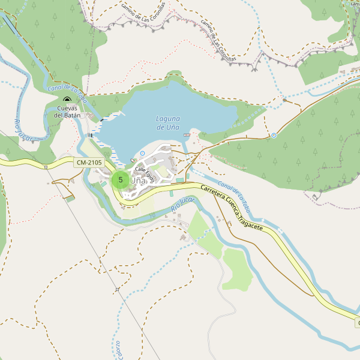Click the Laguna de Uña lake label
click(168, 123)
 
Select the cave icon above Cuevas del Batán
click(67, 101)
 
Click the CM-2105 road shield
click(89, 163)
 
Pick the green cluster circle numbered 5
click(121, 179)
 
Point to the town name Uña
click(138, 180)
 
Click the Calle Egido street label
click(145, 173)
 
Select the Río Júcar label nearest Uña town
click(184, 203)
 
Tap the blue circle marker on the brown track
click(274, 136)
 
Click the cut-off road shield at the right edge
click(357, 323)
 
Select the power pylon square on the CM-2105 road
click(46, 166)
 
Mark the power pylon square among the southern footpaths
click(118, 289)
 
